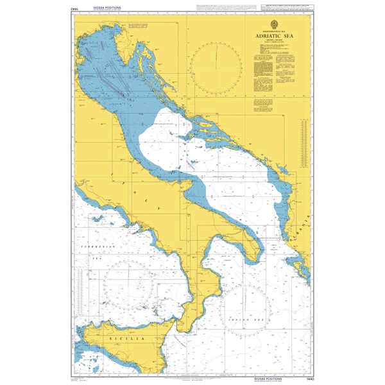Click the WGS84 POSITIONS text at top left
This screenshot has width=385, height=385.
107,8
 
